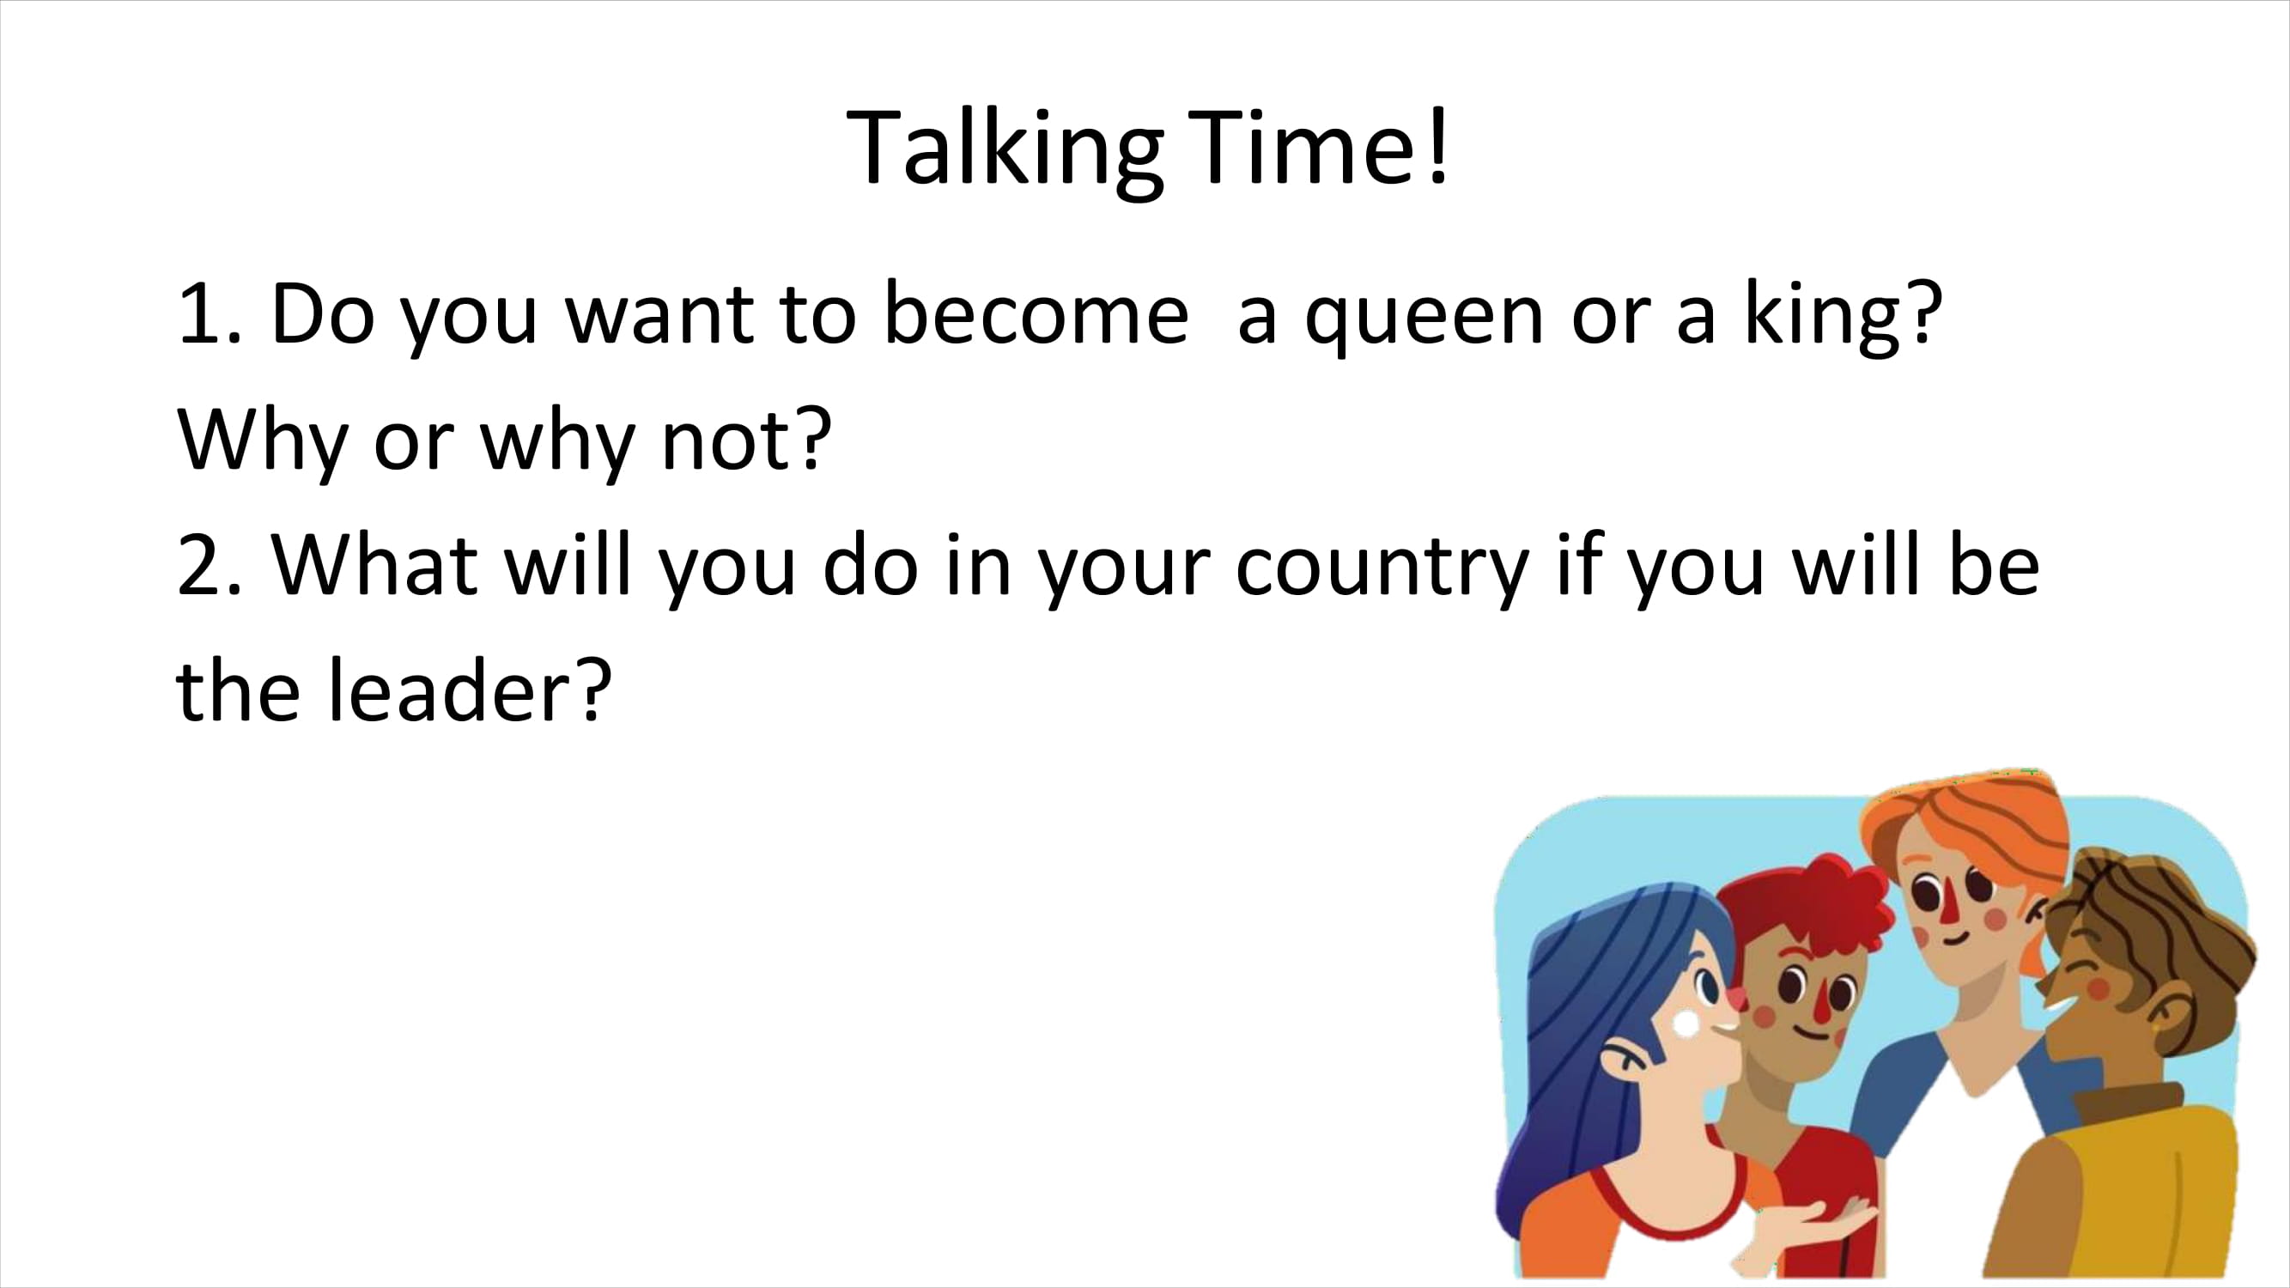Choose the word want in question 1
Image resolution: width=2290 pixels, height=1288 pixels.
click(659, 315)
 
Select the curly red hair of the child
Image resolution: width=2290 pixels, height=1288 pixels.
click(1813, 915)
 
